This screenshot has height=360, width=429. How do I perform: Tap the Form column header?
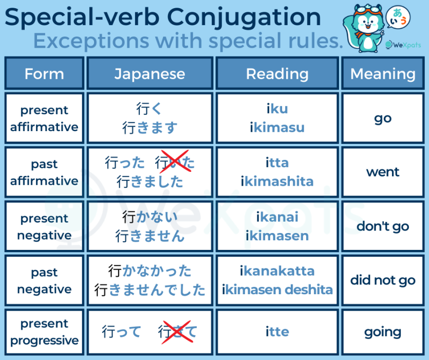pos(44,74)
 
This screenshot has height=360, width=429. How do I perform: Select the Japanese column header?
pos(150,74)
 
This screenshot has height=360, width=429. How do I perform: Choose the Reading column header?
pos(277,74)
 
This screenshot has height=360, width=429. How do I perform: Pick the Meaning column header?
pos(383,74)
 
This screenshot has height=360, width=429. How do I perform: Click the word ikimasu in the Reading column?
pos(277,128)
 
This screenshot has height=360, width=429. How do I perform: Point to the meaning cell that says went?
pos(383,172)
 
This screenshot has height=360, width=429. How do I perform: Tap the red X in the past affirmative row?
pos(175,161)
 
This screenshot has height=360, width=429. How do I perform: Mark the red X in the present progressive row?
pos(178,332)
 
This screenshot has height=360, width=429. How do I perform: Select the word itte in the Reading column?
pos(277,332)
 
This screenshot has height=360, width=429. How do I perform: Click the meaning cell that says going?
pos(383,332)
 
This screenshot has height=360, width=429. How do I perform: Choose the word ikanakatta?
pos(277,271)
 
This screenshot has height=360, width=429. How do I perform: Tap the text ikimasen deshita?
pos(277,290)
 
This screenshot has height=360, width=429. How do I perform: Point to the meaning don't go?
pos(383,226)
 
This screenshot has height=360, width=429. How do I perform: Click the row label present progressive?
pos(44,332)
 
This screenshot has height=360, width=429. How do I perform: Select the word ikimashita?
pos(277,182)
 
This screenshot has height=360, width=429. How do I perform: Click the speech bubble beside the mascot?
pos(398,17)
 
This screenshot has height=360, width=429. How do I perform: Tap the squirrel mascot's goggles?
pos(368,11)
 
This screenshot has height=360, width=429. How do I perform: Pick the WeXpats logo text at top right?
pos(403,45)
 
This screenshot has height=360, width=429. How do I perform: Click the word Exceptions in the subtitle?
pos(91,41)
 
